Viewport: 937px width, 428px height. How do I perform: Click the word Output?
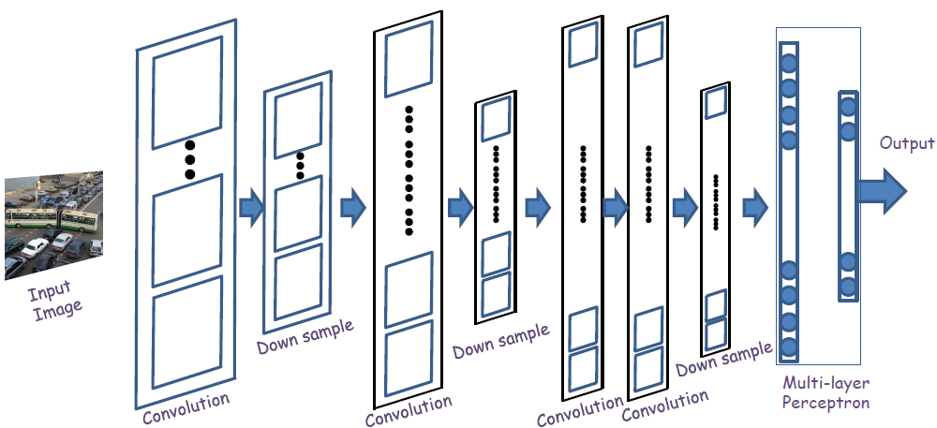pos(907,143)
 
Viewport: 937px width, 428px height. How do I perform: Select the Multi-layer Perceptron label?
pos(825,393)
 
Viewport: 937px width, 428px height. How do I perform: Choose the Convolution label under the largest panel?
pos(186,408)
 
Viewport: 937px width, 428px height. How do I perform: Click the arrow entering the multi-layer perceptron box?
pos(755,206)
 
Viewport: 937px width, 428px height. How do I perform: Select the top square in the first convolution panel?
pos(187,92)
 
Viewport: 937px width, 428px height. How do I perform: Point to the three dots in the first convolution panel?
pos(189,160)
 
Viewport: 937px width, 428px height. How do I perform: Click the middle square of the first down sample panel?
pos(299,210)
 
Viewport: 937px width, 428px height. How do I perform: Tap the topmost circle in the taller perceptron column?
pos(789,65)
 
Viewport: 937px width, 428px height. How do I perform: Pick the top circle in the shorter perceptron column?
pos(848,106)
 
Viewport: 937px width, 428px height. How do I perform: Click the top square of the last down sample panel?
pos(715,102)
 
